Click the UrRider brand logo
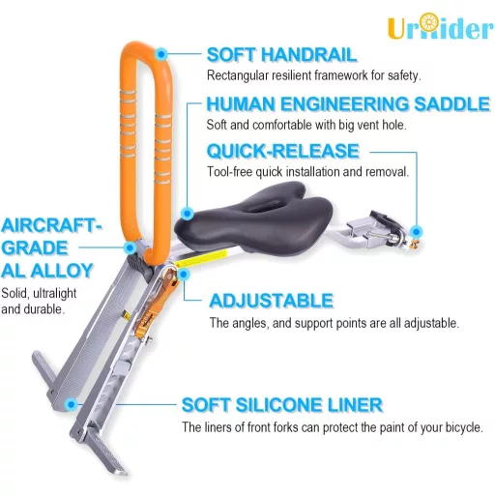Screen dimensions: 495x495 441,26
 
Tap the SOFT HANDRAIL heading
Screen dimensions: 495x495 281,54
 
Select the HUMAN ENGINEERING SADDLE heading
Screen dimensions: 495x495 348,104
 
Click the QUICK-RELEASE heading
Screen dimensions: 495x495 283,151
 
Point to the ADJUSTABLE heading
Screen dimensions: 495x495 272,301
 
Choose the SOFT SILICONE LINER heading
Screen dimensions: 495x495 282,405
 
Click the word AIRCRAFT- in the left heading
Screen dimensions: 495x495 51,225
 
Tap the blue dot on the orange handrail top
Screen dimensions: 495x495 161,54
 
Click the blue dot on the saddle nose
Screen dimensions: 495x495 188,213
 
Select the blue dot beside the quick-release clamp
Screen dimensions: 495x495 417,231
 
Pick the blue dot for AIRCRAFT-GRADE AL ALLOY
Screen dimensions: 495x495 131,247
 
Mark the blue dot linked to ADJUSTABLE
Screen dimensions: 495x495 184,275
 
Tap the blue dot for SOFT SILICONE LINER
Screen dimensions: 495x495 71,404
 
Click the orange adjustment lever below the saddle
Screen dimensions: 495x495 157,300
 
